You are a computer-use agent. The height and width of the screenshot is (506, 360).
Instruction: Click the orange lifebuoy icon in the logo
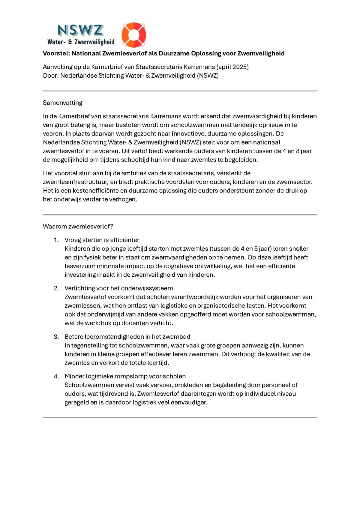[133, 35]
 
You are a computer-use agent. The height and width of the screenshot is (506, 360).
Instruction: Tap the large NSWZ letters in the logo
[80, 30]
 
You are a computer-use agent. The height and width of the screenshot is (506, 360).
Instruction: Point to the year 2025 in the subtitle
[239, 67]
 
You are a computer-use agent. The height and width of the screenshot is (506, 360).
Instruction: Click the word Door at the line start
[50, 76]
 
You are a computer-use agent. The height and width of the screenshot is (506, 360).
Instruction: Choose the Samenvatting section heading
[62, 103]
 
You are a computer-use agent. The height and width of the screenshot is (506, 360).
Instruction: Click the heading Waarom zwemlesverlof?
[78, 227]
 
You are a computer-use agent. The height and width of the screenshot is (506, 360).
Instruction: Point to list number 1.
[56, 240]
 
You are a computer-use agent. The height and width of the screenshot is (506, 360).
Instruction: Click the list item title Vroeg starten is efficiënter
[102, 240]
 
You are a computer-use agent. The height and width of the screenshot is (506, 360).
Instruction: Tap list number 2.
[56, 288]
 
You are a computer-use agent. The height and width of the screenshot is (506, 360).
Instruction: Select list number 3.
[56, 337]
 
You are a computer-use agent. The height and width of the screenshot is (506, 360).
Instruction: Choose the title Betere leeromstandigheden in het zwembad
[127, 337]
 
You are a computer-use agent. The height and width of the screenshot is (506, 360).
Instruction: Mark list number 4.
[56, 377]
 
